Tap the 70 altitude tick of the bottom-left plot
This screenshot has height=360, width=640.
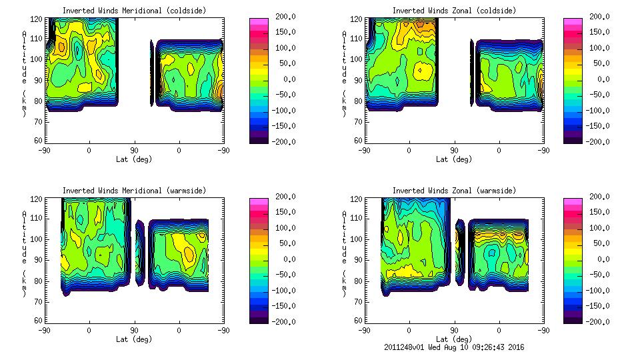(38, 301)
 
